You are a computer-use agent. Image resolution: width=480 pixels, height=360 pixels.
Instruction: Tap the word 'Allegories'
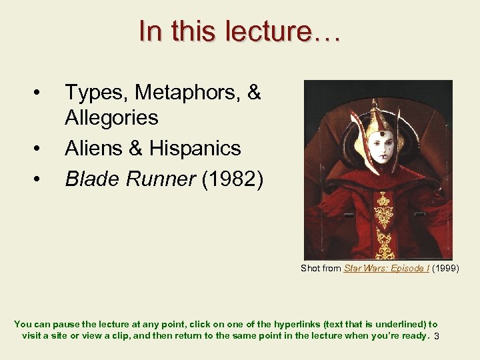coord(111,118)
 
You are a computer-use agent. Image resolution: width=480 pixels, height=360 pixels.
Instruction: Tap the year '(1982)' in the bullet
coord(233,178)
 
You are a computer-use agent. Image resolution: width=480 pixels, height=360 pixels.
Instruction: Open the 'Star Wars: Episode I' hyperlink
coord(386,268)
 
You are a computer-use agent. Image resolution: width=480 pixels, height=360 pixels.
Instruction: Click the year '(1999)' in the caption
coord(445,268)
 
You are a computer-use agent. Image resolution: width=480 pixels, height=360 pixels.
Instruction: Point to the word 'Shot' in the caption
coord(311,268)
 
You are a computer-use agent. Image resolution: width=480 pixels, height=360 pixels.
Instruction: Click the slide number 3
coord(436,337)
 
